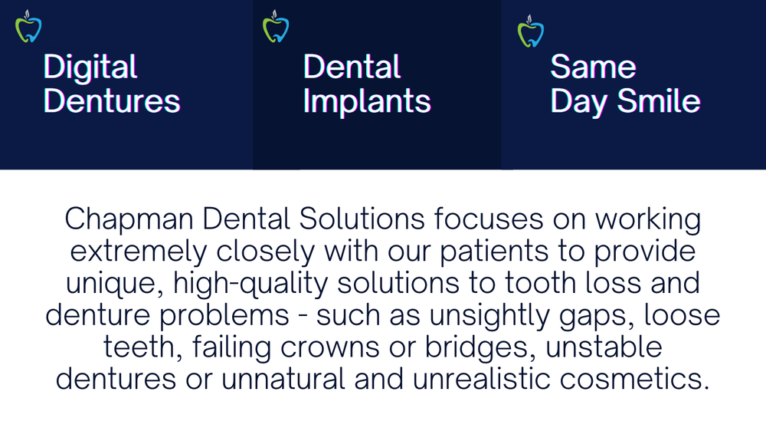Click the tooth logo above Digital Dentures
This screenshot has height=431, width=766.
(x=28, y=28)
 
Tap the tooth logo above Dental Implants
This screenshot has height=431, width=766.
(x=276, y=28)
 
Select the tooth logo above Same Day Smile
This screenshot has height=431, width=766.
(x=530, y=31)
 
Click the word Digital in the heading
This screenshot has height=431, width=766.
(x=90, y=67)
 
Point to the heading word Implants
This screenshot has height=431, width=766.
(x=367, y=101)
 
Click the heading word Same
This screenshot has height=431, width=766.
(x=593, y=67)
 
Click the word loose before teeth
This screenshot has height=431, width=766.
(x=686, y=316)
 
